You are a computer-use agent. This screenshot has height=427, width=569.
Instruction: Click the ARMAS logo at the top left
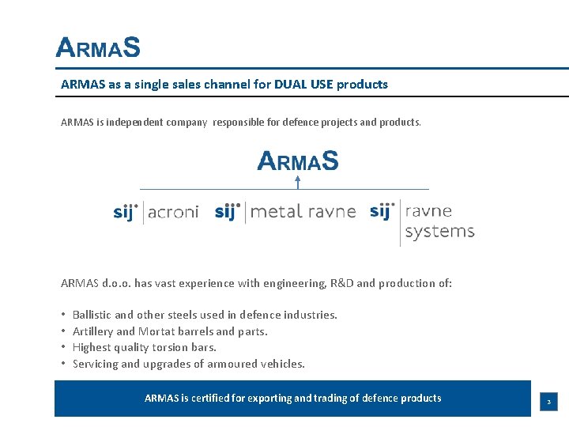pyautogui.click(x=98, y=48)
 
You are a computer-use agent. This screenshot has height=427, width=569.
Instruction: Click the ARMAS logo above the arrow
pyautogui.click(x=298, y=161)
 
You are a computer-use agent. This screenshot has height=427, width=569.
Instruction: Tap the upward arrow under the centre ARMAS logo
pyautogui.click(x=298, y=183)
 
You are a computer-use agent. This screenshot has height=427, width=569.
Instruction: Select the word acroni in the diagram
pyautogui.click(x=173, y=212)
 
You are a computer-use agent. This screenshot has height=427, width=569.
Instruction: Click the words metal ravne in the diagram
pyautogui.click(x=303, y=212)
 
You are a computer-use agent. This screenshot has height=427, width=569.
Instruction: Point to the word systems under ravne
pyautogui.click(x=439, y=231)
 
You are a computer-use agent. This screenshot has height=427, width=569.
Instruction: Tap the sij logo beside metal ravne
pyautogui.click(x=228, y=212)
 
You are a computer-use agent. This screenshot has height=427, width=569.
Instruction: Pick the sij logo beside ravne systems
pyautogui.click(x=382, y=211)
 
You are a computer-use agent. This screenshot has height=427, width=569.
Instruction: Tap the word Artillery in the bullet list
pyautogui.click(x=93, y=331)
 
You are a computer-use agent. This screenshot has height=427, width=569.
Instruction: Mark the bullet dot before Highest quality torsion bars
pyautogui.click(x=62, y=348)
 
